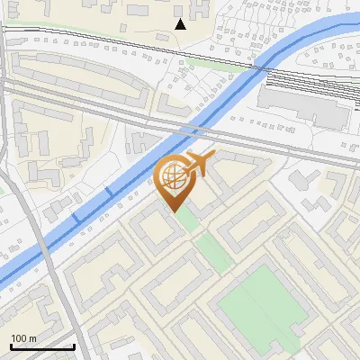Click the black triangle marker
[x=180, y=24]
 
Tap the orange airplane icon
[x=200, y=164]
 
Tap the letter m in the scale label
[x=33, y=338]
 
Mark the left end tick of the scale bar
[x=10, y=346]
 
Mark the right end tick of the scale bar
[x=74, y=346]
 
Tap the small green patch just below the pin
[x=185, y=218]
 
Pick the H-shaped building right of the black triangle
[x=200, y=13]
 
